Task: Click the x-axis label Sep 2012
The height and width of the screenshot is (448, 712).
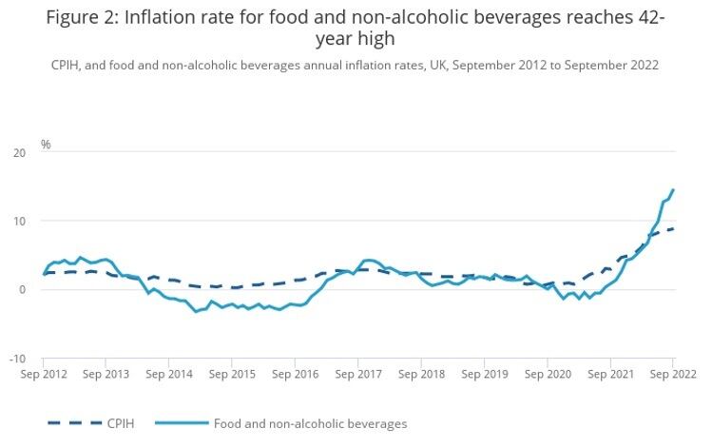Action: [x=43, y=375]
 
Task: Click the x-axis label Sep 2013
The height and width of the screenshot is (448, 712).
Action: [x=106, y=375]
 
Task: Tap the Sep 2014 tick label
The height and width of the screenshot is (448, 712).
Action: [x=169, y=375]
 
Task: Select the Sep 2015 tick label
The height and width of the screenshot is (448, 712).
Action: [x=232, y=375]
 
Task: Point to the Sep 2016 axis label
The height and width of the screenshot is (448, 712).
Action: [x=295, y=375]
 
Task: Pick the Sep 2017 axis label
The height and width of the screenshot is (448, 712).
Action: [x=357, y=375]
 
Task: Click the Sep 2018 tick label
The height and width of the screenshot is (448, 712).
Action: [x=421, y=375]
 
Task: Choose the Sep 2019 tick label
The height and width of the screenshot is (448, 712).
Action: [x=484, y=375]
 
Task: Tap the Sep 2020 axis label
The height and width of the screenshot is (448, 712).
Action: [x=547, y=375]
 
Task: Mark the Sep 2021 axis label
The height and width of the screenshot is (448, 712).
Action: [x=609, y=375]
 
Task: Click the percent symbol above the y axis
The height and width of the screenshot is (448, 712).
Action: [x=46, y=145]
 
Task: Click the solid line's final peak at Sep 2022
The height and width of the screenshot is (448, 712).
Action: [x=673, y=189]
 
